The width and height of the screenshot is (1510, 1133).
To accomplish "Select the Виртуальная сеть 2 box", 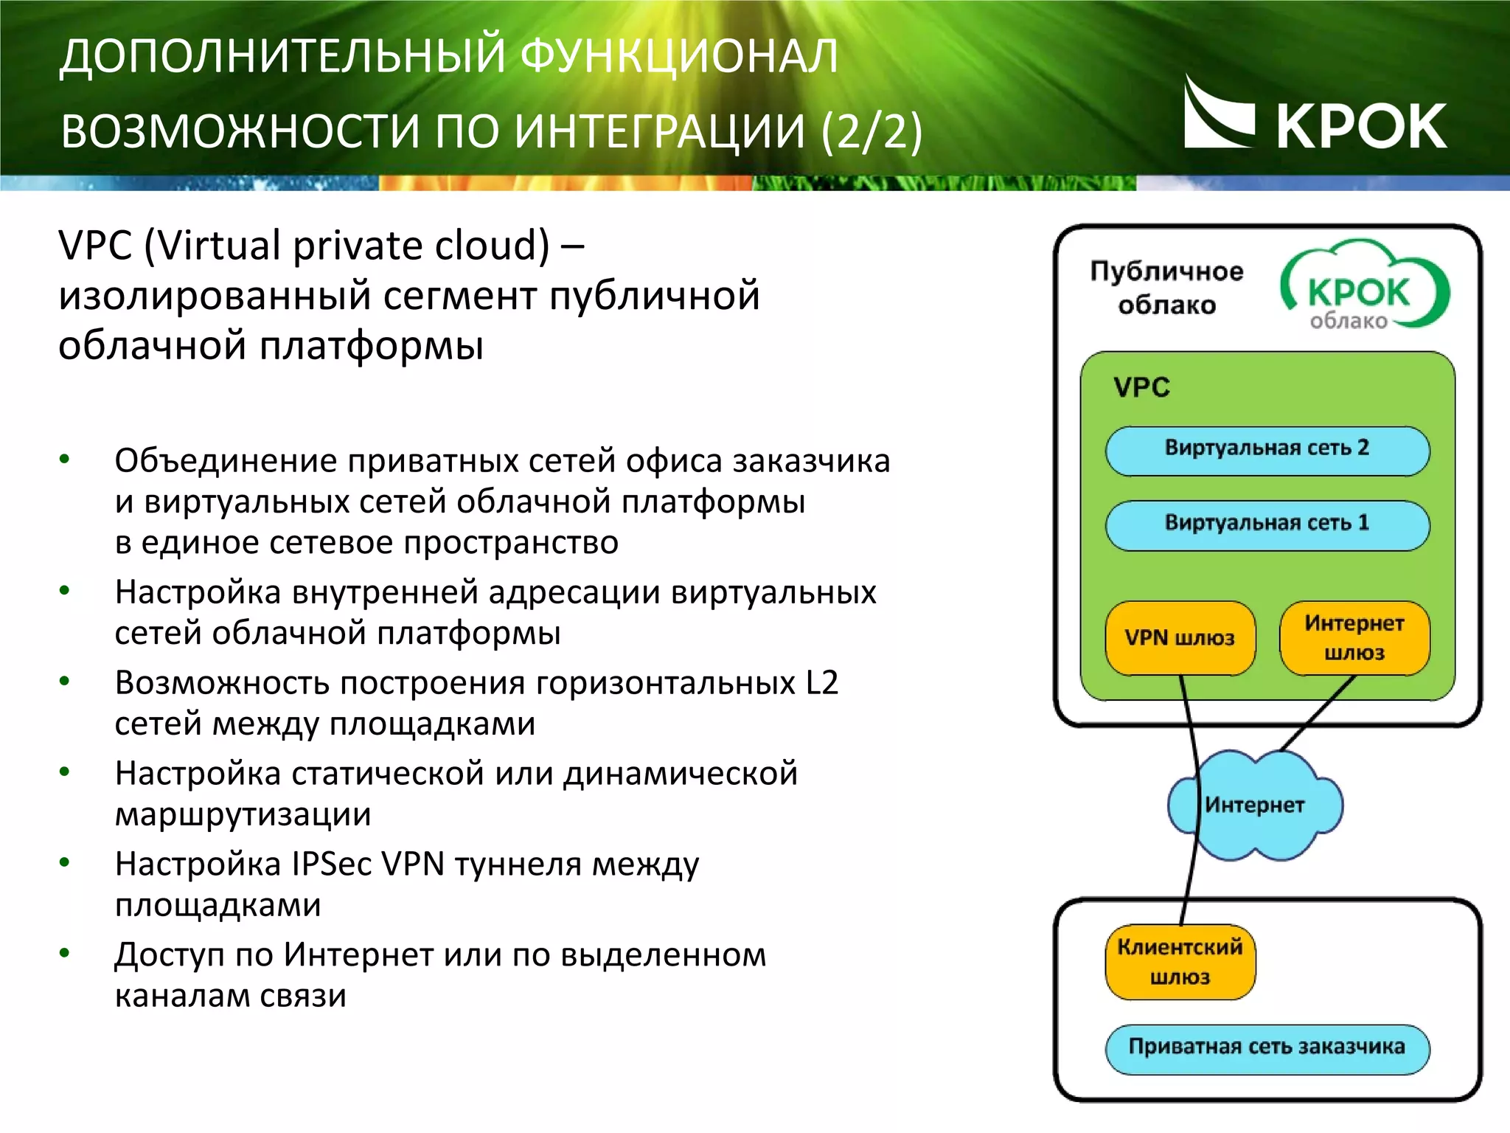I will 1267,450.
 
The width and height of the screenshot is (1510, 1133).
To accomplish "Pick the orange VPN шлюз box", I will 1180,638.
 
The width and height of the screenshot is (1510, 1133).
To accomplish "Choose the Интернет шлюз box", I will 1354,638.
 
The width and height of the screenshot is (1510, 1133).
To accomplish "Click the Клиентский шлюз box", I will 1180,962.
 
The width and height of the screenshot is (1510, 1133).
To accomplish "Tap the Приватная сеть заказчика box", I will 1267,1047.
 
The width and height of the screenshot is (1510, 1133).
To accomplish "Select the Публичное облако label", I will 1166,288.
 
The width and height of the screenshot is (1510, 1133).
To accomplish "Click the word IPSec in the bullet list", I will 331,865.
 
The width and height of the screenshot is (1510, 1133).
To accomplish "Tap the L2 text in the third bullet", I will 821,683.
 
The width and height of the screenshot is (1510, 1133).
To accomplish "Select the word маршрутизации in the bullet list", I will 243,814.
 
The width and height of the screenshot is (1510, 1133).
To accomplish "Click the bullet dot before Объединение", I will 65,460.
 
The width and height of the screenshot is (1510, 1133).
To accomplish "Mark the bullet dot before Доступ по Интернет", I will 65,954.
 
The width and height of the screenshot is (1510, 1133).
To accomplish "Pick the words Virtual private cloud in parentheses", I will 347,246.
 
